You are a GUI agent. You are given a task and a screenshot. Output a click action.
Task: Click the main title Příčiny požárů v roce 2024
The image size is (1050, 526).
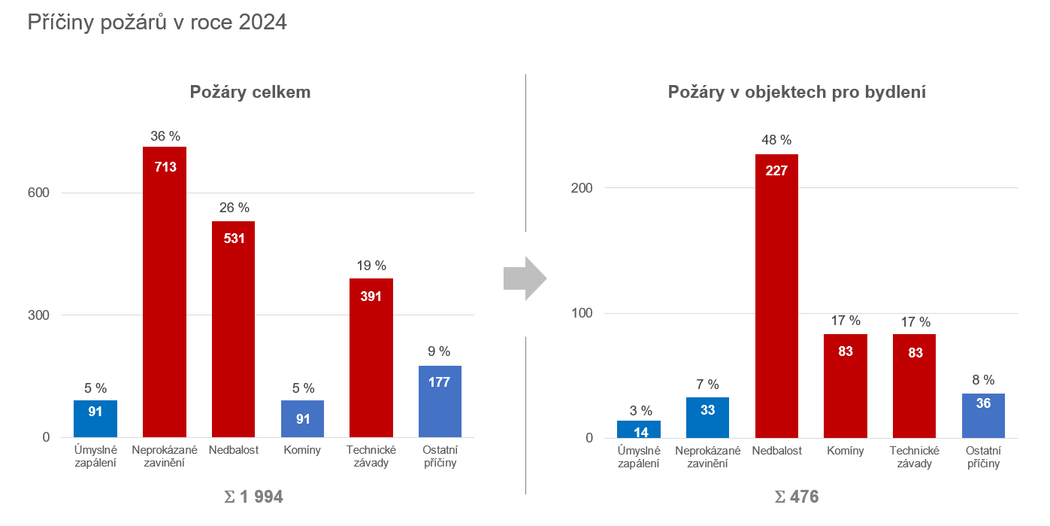click(x=157, y=23)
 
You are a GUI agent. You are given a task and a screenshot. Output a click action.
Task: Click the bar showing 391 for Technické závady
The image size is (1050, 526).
click(x=371, y=357)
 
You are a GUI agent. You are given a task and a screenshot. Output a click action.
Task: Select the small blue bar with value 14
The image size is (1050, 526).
click(x=639, y=429)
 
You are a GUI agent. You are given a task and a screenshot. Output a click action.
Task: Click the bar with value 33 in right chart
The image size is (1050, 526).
click(x=707, y=418)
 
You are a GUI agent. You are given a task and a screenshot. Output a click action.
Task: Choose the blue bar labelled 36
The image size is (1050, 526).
click(x=983, y=415)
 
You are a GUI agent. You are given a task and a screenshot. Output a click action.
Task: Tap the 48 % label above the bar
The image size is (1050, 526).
click(x=776, y=140)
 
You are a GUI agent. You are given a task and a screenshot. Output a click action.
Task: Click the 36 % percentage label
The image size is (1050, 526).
click(x=165, y=136)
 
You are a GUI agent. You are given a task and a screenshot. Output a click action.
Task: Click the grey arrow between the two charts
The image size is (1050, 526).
click(x=525, y=278)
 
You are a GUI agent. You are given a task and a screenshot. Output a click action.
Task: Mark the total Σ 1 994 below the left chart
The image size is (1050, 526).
click(x=254, y=497)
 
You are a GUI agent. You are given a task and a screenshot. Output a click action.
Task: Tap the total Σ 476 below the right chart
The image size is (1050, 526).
click(x=797, y=497)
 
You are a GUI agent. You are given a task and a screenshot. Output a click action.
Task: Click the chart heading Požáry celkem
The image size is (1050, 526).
click(x=250, y=93)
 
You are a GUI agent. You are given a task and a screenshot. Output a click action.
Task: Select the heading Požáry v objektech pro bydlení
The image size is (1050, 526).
click(x=797, y=93)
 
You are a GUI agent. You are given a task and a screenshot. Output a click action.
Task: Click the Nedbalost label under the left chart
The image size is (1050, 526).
click(x=233, y=450)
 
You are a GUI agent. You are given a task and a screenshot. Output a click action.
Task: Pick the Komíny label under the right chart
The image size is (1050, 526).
click(x=846, y=451)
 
